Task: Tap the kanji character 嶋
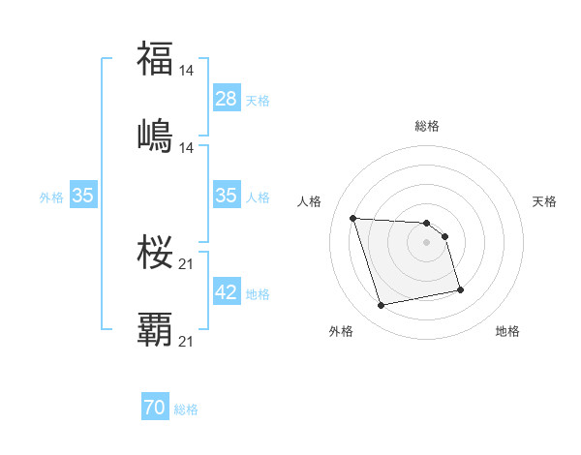coord(155,135)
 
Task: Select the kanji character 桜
coord(155,252)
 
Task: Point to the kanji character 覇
coord(155,328)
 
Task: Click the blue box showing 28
coord(227,98)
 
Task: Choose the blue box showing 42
coord(227,292)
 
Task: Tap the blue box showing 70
coord(155,409)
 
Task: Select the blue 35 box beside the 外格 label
coord(82,196)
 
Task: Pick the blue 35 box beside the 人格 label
coord(227,196)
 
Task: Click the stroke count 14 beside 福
coord(188,71)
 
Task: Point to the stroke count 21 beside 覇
coord(188,341)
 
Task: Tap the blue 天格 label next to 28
coord(258,100)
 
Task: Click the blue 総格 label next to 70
coord(186,409)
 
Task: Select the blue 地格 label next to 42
coord(258,294)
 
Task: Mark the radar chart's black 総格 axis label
coord(427,126)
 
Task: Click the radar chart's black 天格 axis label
coord(545,201)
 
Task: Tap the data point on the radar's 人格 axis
coord(353,218)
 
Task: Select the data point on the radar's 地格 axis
coord(460,288)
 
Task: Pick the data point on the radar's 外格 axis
coord(382,306)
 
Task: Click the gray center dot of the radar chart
coord(427,242)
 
